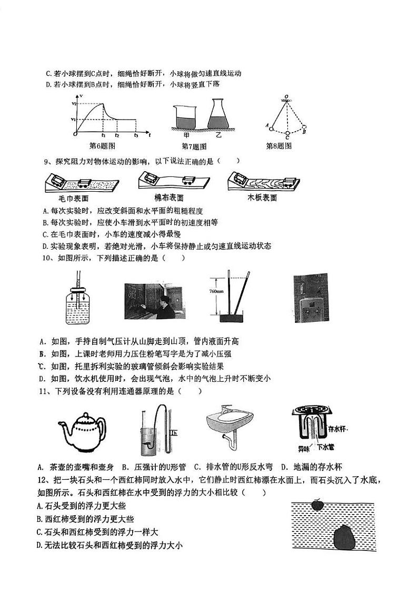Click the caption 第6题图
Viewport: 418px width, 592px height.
click(103, 146)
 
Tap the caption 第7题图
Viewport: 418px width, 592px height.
click(194, 146)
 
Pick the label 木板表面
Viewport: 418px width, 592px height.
click(262, 198)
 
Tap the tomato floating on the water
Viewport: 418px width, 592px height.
click(316, 504)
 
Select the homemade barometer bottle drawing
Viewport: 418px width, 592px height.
click(78, 301)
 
